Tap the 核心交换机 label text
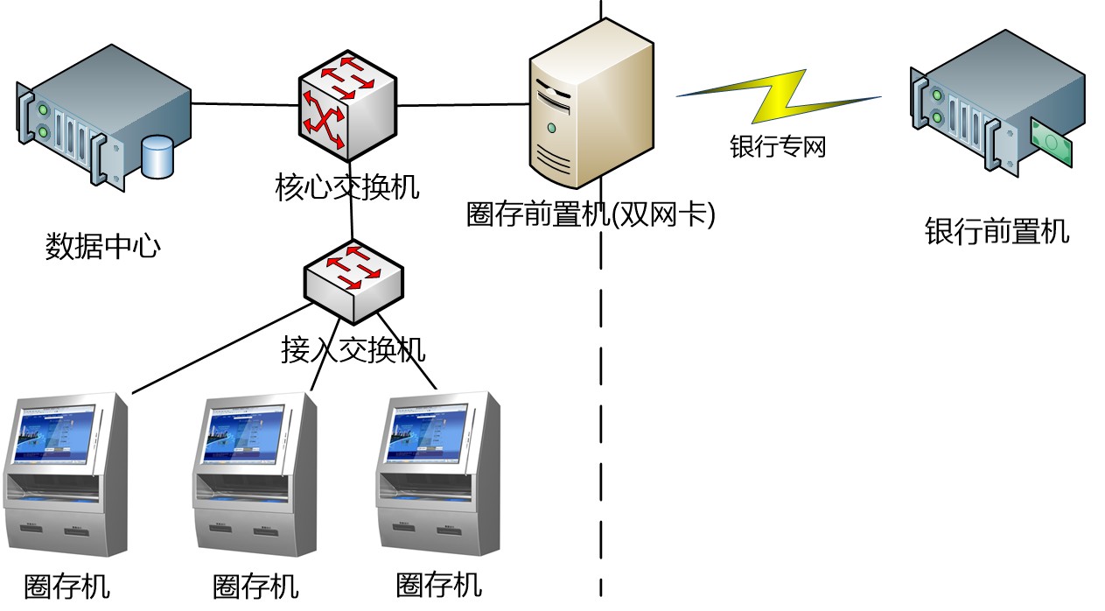347,187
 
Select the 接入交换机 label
353,349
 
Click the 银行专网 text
778,145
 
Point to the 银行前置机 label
997,232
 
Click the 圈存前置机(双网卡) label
591,214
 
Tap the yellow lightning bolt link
779,96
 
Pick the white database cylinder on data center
158,156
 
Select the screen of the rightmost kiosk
423,433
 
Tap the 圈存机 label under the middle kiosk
255,586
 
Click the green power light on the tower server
551,128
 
